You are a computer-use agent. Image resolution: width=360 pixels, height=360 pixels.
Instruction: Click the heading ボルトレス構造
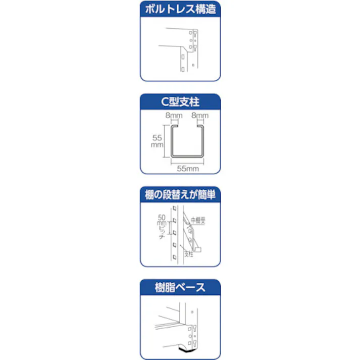(180, 9)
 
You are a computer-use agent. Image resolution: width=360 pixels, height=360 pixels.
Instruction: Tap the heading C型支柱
(180, 102)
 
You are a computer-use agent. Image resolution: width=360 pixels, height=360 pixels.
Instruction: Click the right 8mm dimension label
(199, 116)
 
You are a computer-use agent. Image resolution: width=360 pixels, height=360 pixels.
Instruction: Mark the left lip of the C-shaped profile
(175, 128)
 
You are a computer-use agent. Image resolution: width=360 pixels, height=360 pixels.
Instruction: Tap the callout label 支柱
(189, 255)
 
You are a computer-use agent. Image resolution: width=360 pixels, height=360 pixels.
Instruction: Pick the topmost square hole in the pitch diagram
(175, 208)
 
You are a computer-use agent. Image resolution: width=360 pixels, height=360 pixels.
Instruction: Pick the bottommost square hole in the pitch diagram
(175, 257)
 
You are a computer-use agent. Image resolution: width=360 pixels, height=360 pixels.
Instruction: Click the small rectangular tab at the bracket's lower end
(198, 249)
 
